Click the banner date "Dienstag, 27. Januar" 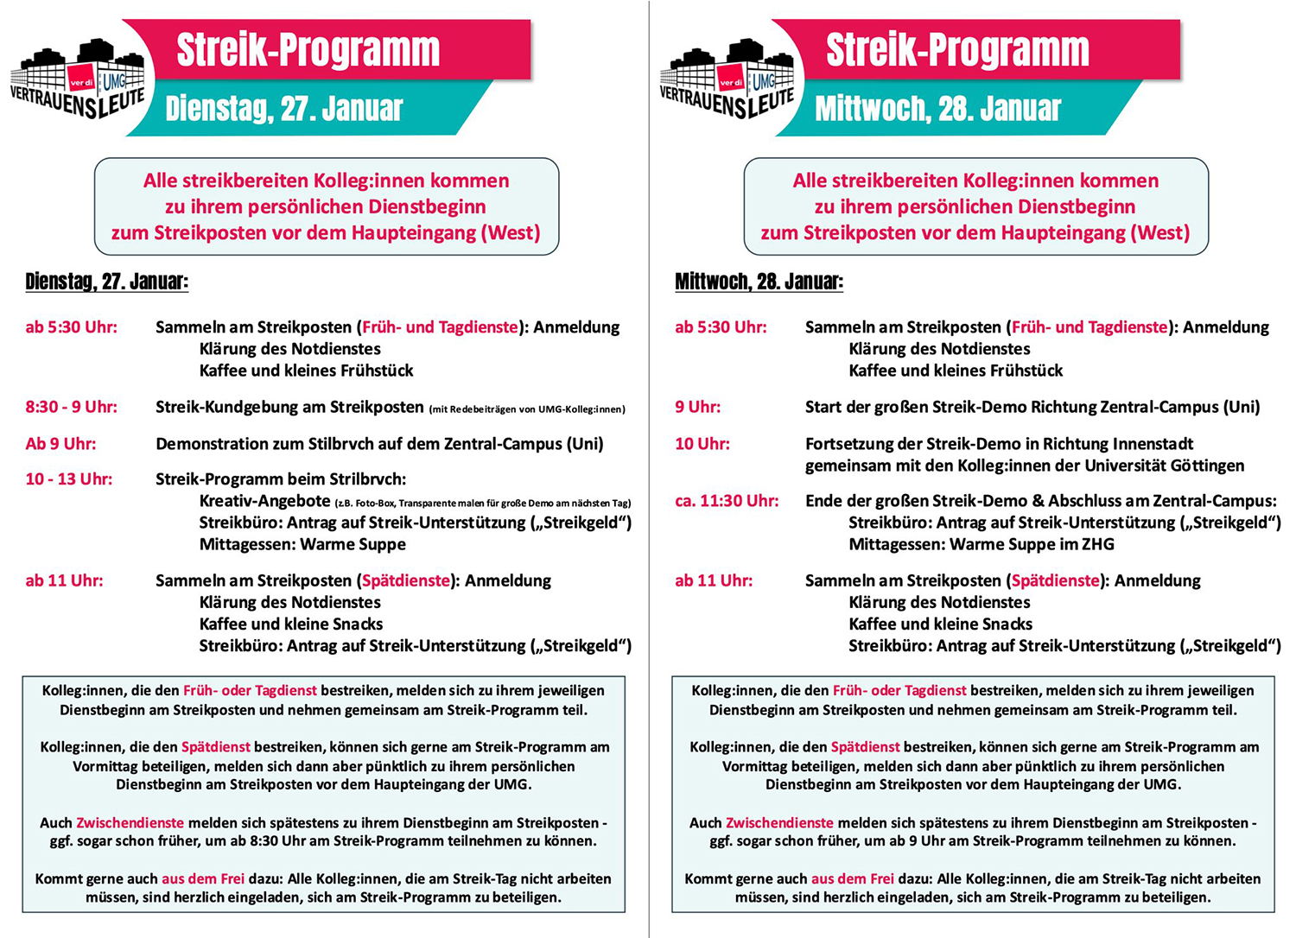tap(284, 109)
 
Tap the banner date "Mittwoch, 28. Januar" tap(937, 109)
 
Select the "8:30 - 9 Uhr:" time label tap(72, 407)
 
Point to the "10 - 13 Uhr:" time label tap(69, 479)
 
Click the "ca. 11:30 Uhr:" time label tap(727, 501)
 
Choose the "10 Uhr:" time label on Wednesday tap(702, 444)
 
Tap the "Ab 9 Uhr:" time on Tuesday tap(61, 444)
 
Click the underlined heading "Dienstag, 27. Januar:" tap(107, 282)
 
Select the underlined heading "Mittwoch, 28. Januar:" tap(759, 282)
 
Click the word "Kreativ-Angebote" tap(264, 501)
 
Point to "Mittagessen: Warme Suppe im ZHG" tap(982, 544)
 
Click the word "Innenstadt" tap(1151, 444)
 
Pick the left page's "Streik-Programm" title tap(308, 50)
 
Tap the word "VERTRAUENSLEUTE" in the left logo tap(78, 102)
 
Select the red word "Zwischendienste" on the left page tap(130, 823)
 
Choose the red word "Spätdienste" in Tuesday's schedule tap(406, 580)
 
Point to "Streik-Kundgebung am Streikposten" tap(289, 407)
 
